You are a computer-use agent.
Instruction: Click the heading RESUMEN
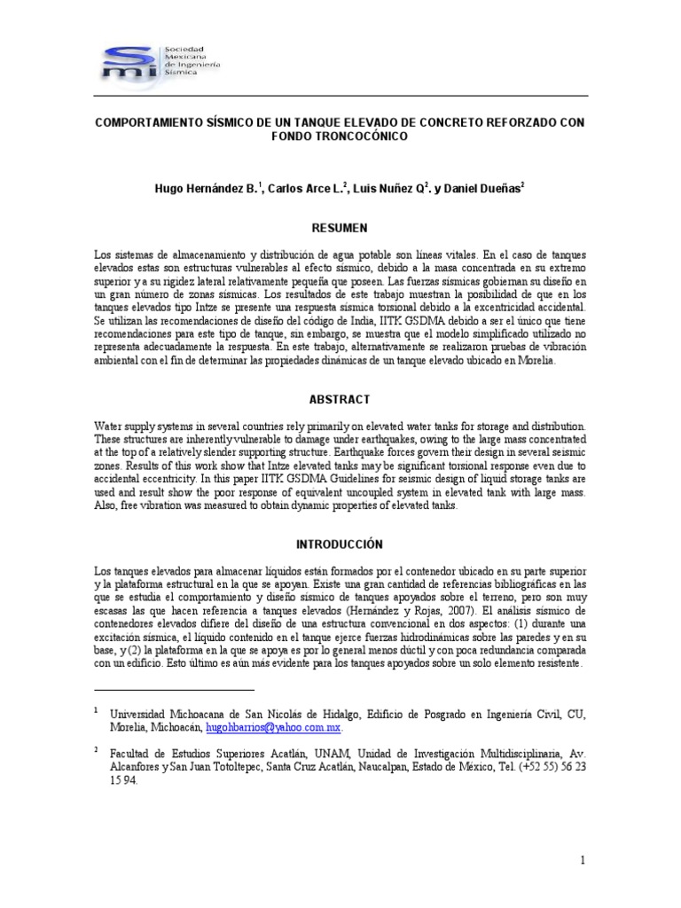(340, 228)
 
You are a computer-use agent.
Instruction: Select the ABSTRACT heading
(340, 400)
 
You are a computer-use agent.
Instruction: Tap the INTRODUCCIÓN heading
(340, 544)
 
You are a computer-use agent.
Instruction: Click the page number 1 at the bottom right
(583, 860)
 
